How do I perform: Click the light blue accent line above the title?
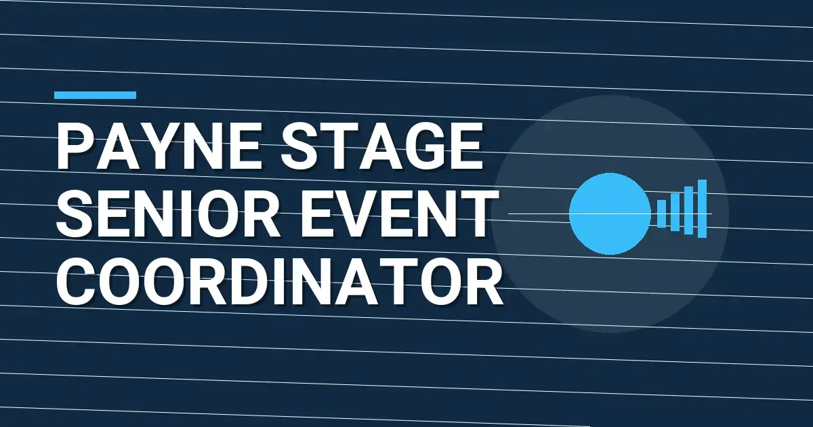pyautogui.click(x=95, y=96)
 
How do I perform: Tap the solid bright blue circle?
pyautogui.click(x=609, y=213)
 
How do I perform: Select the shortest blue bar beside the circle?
pyautogui.click(x=662, y=213)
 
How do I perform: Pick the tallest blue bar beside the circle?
pyautogui.click(x=702, y=209)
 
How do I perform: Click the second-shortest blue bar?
pyautogui.click(x=675, y=211)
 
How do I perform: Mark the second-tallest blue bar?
pyautogui.click(x=688, y=210)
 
